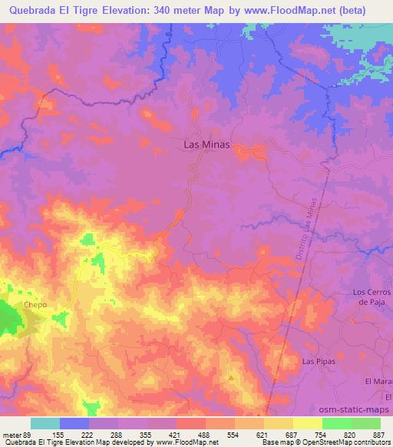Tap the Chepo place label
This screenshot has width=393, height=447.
[x=35, y=305]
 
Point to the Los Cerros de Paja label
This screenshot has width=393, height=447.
[x=372, y=297]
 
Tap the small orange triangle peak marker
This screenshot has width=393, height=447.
[x=231, y=377]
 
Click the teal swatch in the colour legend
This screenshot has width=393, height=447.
[x=45, y=423]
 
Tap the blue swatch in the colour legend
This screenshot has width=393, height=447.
[x=74, y=423]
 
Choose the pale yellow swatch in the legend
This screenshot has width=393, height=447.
[x=307, y=423]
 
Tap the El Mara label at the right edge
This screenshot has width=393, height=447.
[x=378, y=382]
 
